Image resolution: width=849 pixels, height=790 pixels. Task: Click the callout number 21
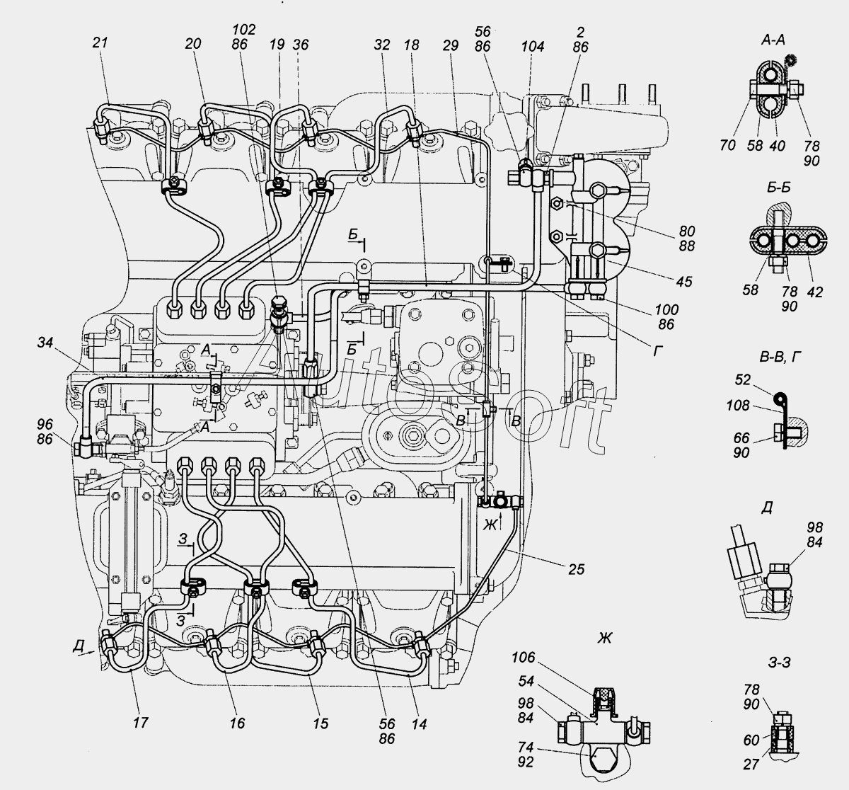pos(100,42)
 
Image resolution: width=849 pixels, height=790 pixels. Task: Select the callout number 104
pos(533,46)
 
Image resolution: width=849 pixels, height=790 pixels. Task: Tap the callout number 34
pos(45,342)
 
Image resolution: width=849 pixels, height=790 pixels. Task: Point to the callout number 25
pos(577,569)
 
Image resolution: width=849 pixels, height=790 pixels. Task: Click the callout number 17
pos(140,723)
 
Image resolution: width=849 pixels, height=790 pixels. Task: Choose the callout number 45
pos(684,282)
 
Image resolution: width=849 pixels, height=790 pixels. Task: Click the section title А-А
pos(773,40)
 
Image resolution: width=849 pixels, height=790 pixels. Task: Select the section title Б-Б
pos(779,188)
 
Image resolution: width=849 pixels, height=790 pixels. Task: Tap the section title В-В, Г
pos(780,357)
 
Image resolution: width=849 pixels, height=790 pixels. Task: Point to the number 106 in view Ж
pos(524,657)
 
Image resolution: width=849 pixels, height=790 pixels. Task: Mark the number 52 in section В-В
pos(743,379)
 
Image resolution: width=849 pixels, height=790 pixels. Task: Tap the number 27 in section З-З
pos(751,765)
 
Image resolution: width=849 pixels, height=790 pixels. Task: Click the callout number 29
pos(450,45)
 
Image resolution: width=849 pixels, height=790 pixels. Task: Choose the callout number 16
pos(237,723)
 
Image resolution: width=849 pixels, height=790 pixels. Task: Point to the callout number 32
pos(382,45)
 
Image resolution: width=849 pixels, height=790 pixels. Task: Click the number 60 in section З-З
pos(751,740)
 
